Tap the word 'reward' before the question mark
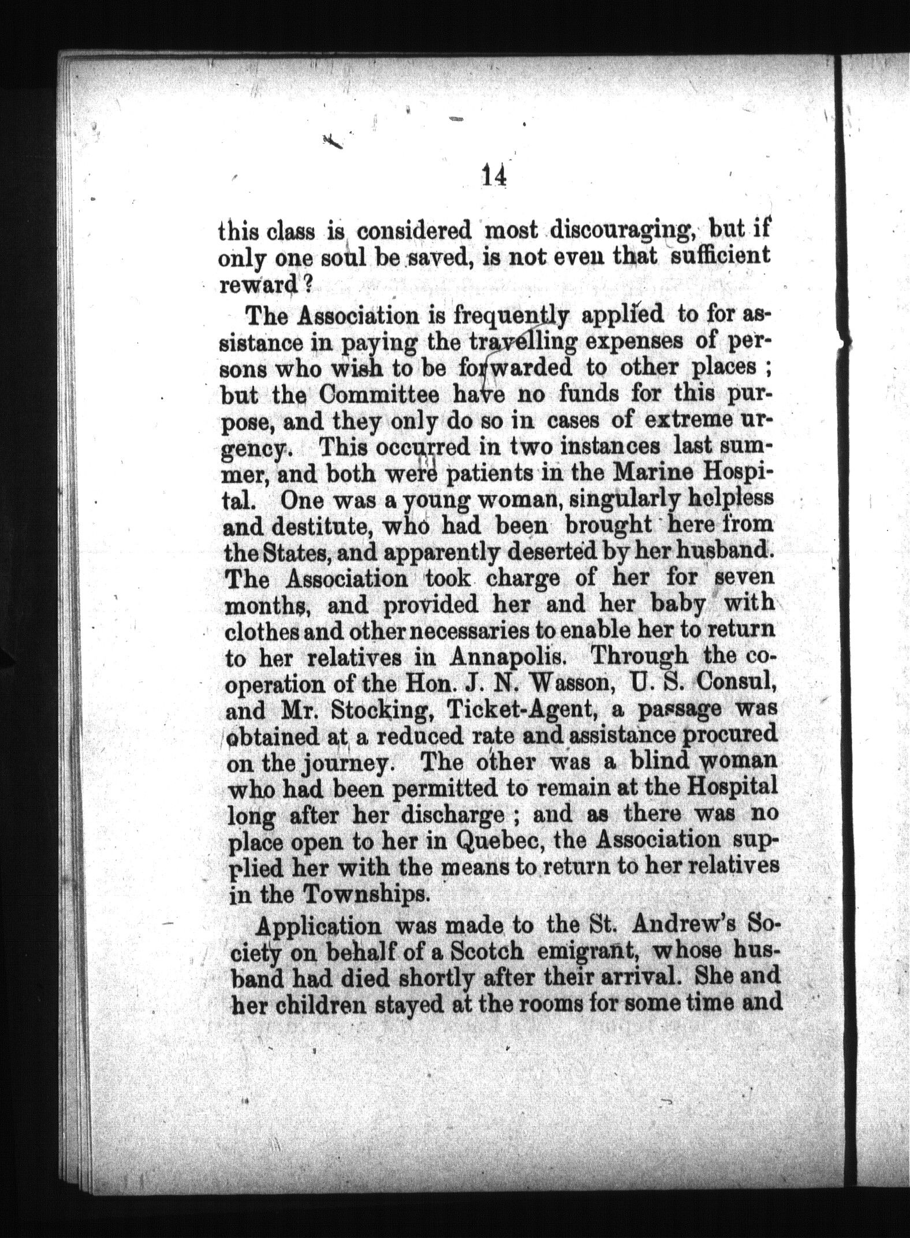(260, 285)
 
